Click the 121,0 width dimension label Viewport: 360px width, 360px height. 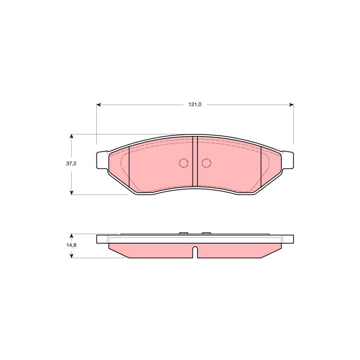pos(195,105)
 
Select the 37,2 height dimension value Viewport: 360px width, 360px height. pos(71,164)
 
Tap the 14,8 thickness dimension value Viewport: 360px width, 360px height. pos(71,245)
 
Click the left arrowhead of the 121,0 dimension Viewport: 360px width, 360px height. pos(99,105)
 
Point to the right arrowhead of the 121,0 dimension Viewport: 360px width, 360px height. pos(292,105)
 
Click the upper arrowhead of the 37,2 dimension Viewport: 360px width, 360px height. pos(72,137)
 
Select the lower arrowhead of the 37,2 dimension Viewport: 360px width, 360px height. pos(72,192)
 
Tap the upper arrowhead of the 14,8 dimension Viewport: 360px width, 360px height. pos(72,236)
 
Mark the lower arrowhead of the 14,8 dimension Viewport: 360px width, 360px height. pos(72,255)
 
